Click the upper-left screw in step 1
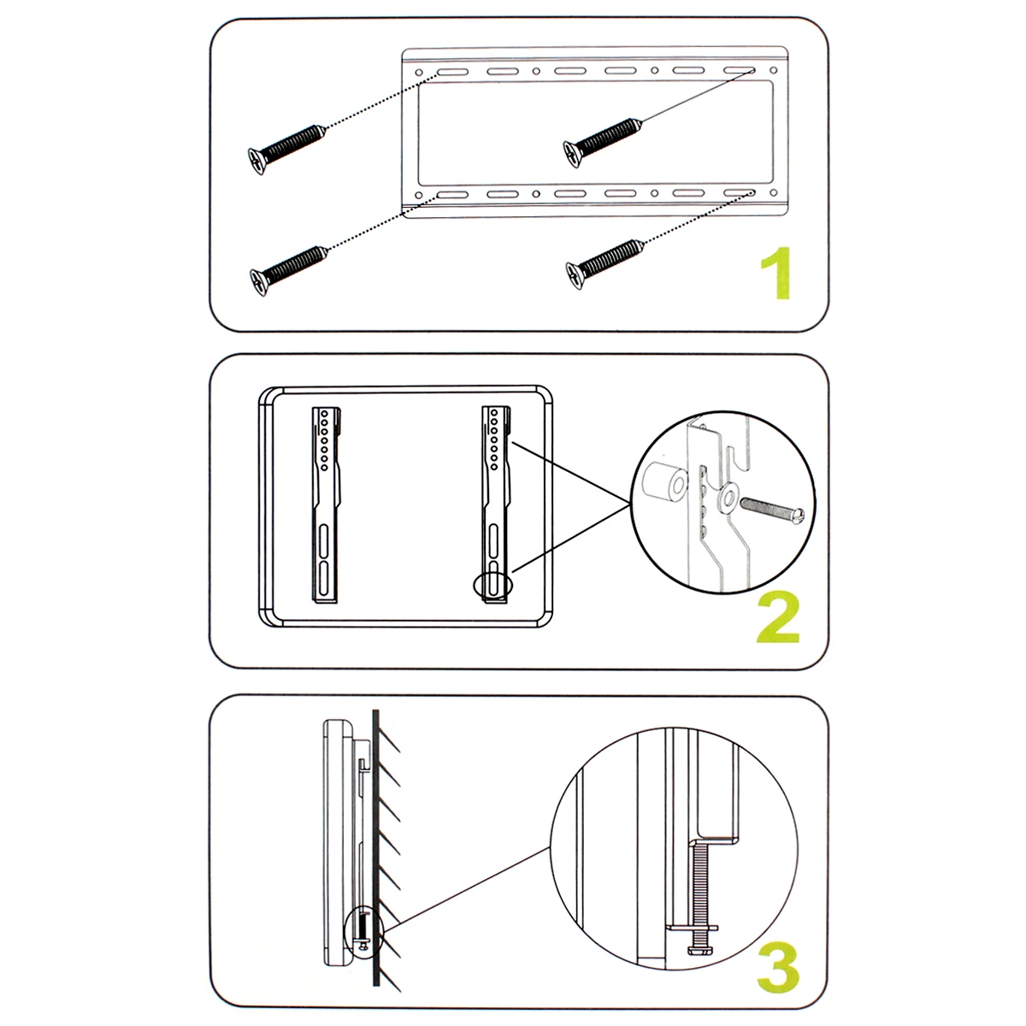[x=286, y=147]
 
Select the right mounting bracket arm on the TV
[x=496, y=504]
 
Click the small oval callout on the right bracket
[x=491, y=585]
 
